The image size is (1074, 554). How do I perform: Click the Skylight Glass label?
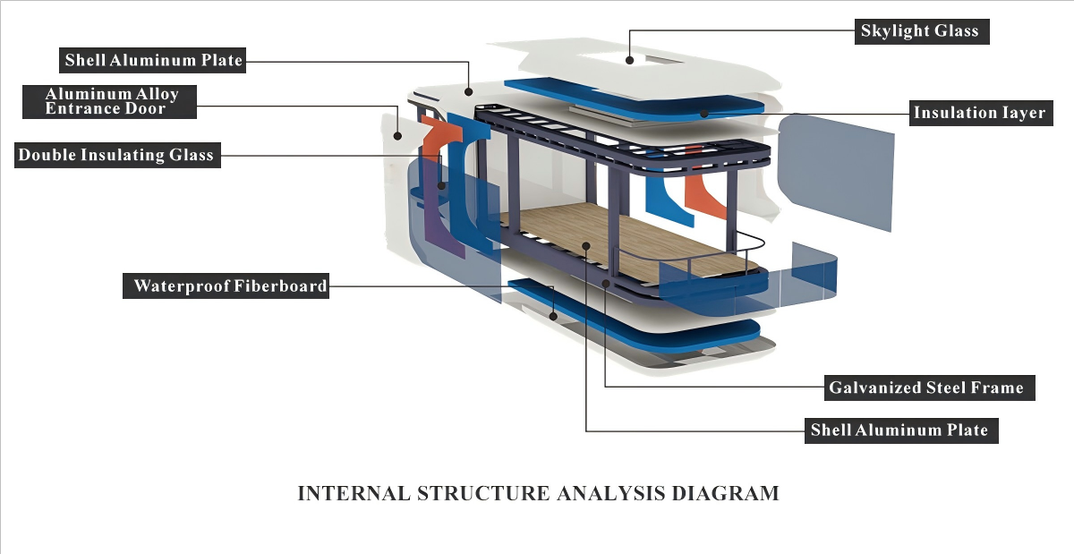pyautogui.click(x=919, y=31)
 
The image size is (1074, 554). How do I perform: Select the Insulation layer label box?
pyautogui.click(x=978, y=113)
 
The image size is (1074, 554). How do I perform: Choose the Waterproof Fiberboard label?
pyautogui.click(x=230, y=286)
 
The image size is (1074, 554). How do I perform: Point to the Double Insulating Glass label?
pyautogui.click(x=116, y=155)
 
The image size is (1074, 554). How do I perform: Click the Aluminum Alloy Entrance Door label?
pyautogui.click(x=112, y=100)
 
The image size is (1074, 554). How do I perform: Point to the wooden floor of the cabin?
pyautogui.click(x=626, y=237)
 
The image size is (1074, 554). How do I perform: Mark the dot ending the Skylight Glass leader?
pyautogui.click(x=630, y=61)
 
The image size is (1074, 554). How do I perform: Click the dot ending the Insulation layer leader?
pyautogui.click(x=705, y=114)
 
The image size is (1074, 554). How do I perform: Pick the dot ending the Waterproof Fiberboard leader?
pyautogui.click(x=555, y=316)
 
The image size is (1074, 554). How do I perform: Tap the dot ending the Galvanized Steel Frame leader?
pyautogui.click(x=606, y=284)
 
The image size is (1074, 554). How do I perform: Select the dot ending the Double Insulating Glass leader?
pyautogui.click(x=441, y=186)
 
